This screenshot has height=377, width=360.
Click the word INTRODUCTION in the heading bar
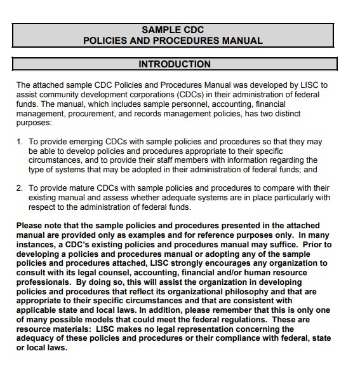[x=175, y=64]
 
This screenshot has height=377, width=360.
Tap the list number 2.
[x=20, y=188]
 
